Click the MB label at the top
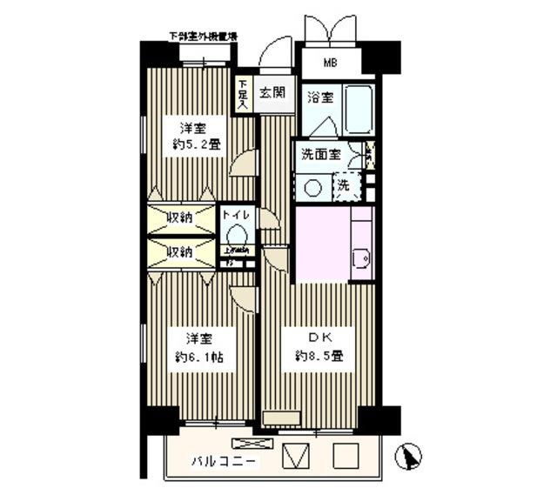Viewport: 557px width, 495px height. pyautogui.click(x=332, y=63)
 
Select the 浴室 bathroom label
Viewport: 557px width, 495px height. pyautogui.click(x=319, y=97)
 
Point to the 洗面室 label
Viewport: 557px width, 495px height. pyautogui.click(x=319, y=157)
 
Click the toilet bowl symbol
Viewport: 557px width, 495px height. pyautogui.click(x=236, y=233)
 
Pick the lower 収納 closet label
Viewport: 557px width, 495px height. pyautogui.click(x=180, y=251)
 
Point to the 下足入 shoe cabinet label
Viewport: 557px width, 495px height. pyautogui.click(x=243, y=94)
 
